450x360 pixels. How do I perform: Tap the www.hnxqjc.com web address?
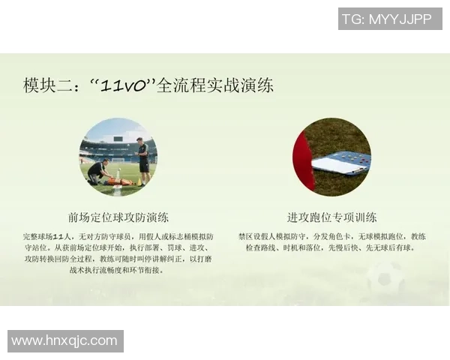click(65, 340)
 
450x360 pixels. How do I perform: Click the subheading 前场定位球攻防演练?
click(118, 217)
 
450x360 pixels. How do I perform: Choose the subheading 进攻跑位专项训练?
click(331, 217)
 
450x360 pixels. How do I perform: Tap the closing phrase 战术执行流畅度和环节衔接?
click(123, 270)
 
